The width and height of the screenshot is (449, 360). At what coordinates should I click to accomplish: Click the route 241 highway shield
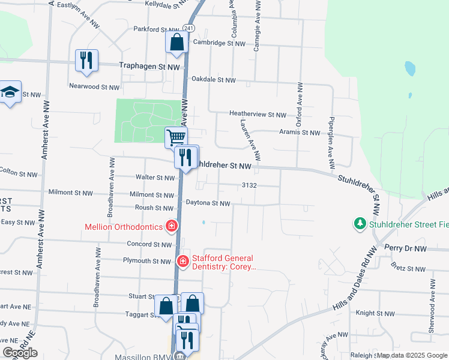coord(188,28)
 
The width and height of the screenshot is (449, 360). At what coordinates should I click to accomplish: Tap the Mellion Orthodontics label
coord(125,226)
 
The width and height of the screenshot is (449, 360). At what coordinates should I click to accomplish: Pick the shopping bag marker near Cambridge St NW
coord(176,43)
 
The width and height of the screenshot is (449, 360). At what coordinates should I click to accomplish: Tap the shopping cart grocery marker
coord(176,137)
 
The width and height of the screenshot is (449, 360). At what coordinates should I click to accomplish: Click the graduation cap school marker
coord(10,92)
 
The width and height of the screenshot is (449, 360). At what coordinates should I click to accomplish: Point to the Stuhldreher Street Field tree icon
coord(360,224)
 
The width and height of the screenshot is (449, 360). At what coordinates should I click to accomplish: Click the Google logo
coord(20,353)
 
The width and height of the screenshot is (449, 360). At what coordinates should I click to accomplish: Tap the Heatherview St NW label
coord(258,114)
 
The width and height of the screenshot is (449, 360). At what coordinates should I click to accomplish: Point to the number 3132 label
coord(249,186)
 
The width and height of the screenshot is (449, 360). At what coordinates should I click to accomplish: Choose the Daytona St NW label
coord(208,204)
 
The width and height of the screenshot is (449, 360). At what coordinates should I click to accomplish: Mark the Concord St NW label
coord(149,244)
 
